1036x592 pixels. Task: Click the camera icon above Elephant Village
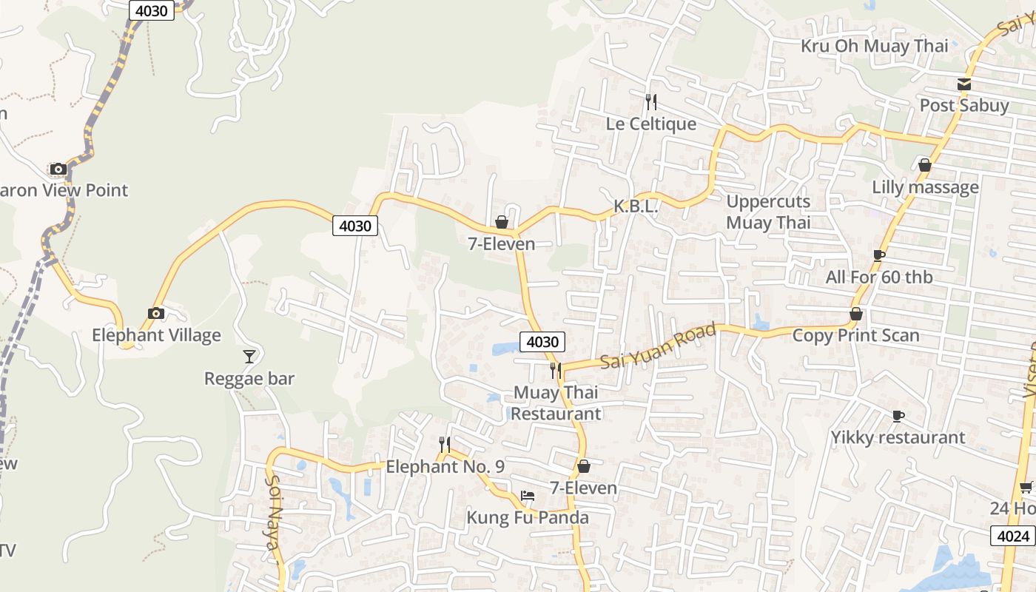pyautogui.click(x=155, y=314)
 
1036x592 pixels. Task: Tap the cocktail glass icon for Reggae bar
pyautogui.click(x=249, y=357)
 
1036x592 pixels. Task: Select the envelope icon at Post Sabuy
pyautogui.click(x=963, y=84)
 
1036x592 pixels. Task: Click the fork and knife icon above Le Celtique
pyautogui.click(x=651, y=102)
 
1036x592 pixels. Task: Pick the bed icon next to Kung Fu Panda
pyautogui.click(x=528, y=495)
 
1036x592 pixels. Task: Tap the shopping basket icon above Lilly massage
pyautogui.click(x=924, y=165)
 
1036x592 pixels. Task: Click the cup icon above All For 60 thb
pyautogui.click(x=878, y=256)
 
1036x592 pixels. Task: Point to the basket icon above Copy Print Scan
pyautogui.click(x=856, y=314)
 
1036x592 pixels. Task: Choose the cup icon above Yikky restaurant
pyautogui.click(x=898, y=416)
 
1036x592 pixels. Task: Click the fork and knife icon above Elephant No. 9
pyautogui.click(x=444, y=445)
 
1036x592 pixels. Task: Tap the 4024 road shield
pyautogui.click(x=1012, y=536)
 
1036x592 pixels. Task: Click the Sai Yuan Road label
pyautogui.click(x=657, y=347)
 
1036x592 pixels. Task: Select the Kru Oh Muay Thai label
pyautogui.click(x=874, y=46)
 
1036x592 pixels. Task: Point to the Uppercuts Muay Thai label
pyautogui.click(x=768, y=212)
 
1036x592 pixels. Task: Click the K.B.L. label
pyautogui.click(x=636, y=207)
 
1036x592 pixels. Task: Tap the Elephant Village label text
pyautogui.click(x=156, y=335)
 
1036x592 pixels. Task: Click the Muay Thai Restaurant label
pyautogui.click(x=556, y=403)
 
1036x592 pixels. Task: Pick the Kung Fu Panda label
pyautogui.click(x=528, y=517)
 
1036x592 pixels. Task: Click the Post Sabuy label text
pyautogui.click(x=963, y=105)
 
